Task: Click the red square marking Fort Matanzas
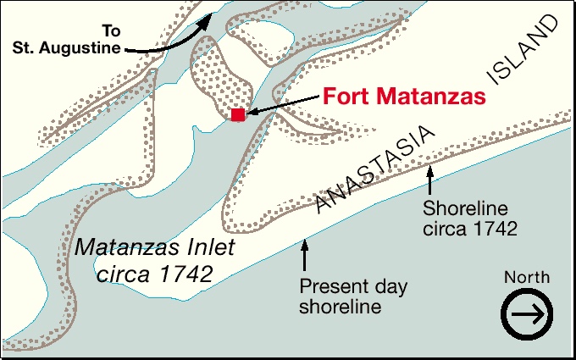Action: click(238, 114)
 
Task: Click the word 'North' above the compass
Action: click(526, 277)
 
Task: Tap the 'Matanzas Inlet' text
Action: click(156, 249)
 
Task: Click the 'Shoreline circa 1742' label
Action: click(471, 218)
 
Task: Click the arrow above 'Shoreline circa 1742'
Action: click(430, 179)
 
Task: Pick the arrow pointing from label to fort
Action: click(283, 104)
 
